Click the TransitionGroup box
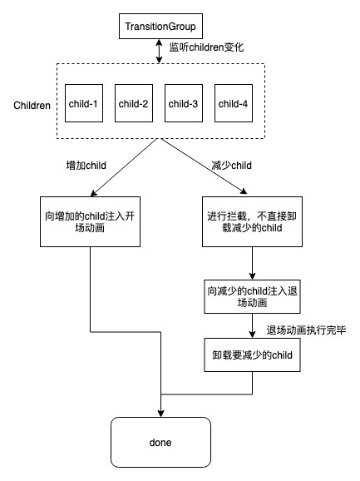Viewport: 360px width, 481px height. (160, 26)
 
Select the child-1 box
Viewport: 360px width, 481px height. (84, 103)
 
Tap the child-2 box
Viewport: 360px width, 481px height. (134, 103)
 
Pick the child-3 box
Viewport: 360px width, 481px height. (184, 103)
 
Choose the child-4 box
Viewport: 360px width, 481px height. (234, 103)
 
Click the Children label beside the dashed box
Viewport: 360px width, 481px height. (32, 106)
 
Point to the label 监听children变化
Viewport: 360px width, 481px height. (206, 47)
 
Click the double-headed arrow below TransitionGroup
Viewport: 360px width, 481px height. (159, 52)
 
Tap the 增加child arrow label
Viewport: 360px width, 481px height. (86, 166)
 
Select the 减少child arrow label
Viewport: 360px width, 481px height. (232, 166)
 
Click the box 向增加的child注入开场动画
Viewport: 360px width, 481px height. (90, 222)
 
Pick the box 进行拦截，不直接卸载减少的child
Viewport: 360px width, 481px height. (252, 222)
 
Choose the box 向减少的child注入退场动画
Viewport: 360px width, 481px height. (252, 296)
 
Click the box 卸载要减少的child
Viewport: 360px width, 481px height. (252, 355)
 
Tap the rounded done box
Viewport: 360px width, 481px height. (160, 443)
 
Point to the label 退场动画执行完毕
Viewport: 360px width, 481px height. (306, 330)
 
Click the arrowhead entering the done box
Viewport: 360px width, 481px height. (160, 414)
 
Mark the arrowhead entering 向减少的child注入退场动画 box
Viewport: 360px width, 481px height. (252, 276)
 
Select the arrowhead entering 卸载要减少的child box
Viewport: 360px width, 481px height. (252, 335)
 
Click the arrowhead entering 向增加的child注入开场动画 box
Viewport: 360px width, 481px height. (93, 193)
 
